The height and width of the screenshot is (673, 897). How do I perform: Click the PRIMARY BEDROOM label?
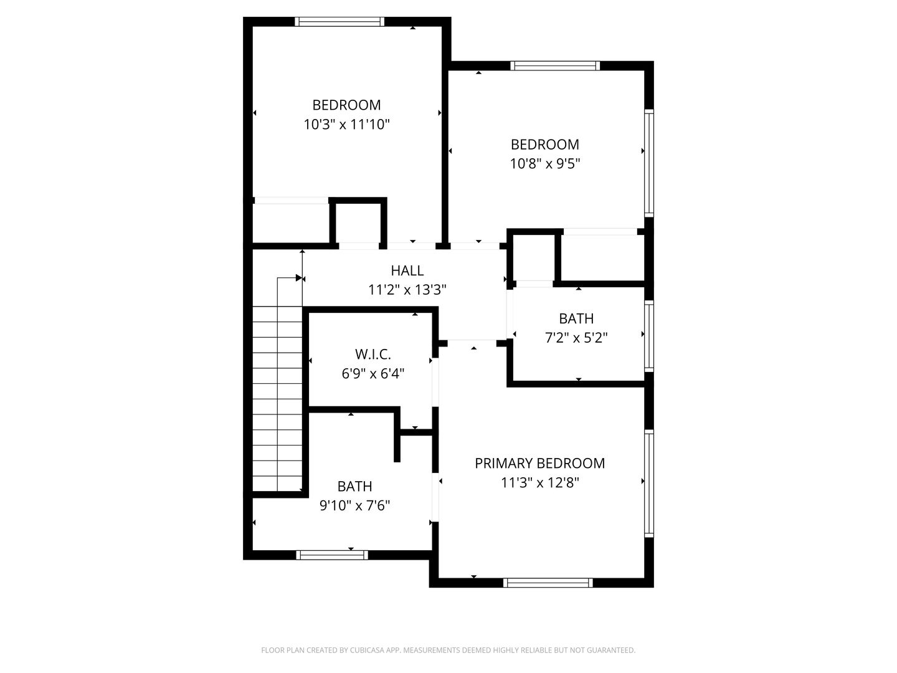539,463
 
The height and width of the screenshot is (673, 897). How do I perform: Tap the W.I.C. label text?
373,355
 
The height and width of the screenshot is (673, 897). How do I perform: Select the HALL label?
407,270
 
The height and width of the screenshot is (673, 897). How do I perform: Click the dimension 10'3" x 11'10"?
346,124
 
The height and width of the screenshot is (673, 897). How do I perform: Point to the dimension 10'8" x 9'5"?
545,164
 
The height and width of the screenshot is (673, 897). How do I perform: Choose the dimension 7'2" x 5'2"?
576,338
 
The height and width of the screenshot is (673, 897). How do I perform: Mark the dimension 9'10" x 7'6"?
355,505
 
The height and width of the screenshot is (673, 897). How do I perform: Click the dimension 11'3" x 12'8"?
539,482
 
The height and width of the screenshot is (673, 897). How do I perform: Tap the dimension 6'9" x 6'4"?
373,374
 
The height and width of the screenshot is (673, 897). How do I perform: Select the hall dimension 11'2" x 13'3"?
407,290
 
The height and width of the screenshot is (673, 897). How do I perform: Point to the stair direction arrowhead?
298,278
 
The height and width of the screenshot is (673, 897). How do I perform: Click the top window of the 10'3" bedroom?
339,22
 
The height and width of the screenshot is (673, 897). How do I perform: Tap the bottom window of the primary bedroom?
548,583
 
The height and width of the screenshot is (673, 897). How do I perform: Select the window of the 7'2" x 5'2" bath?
649,336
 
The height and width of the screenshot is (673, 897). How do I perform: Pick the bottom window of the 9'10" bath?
332,555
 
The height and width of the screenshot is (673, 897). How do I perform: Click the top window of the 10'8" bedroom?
554,65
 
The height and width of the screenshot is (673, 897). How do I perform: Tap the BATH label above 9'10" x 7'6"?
355,486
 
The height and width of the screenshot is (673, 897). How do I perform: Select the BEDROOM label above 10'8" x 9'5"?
545,145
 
